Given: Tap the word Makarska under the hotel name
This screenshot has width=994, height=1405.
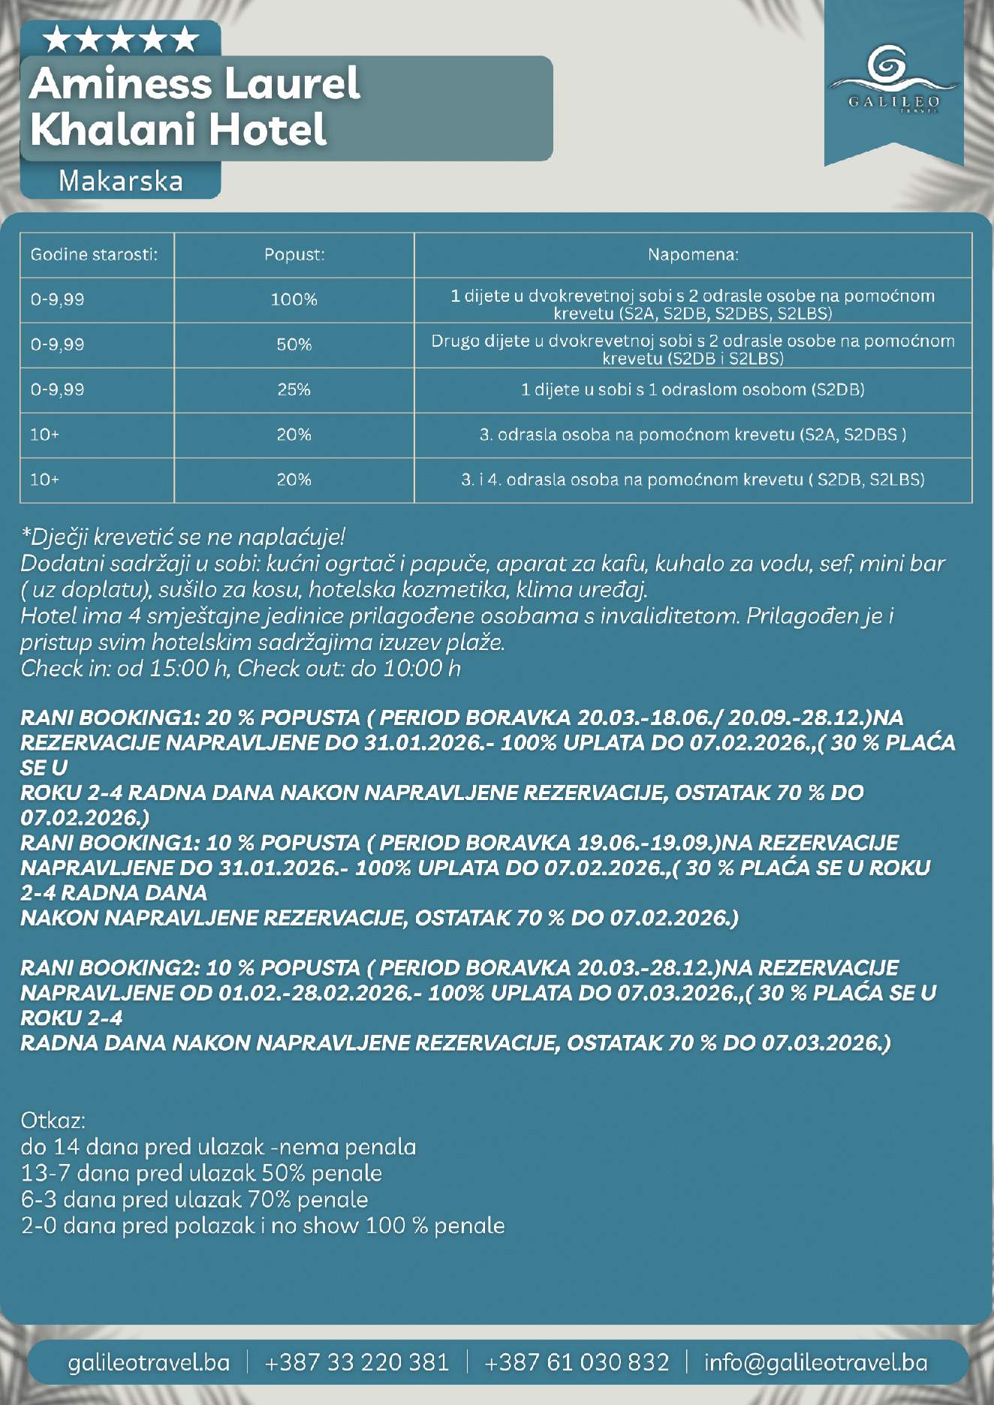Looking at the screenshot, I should click(121, 181).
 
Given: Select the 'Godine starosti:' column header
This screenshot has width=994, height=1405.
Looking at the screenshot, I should click(94, 254).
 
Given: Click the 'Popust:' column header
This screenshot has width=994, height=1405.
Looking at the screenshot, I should click(294, 254).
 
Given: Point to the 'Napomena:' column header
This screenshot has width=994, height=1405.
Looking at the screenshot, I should click(693, 254).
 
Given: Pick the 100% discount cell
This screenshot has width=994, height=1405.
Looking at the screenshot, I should click(294, 299).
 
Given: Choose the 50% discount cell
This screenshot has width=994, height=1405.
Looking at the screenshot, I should click(294, 344).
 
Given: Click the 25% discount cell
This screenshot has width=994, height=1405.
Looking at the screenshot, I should click(294, 390).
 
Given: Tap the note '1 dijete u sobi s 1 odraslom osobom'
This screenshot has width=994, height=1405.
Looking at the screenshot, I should click(693, 390).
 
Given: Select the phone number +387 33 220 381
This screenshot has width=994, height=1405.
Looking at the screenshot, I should click(357, 1361).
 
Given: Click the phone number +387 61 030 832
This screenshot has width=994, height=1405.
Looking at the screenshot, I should click(577, 1361).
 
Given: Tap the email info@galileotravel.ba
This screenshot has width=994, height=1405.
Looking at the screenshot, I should click(815, 1361).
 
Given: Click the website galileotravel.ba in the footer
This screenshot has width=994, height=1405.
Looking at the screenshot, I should click(149, 1361).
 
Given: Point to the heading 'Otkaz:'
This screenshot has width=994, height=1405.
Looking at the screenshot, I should click(53, 1121).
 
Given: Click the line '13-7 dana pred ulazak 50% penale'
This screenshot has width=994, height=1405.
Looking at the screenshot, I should click(201, 1173).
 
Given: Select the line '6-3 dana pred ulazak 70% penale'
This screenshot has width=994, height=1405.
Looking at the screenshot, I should click(194, 1199).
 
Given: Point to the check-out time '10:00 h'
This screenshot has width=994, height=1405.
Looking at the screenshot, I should click(422, 668).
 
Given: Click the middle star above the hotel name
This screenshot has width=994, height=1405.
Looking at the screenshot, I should click(121, 40).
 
